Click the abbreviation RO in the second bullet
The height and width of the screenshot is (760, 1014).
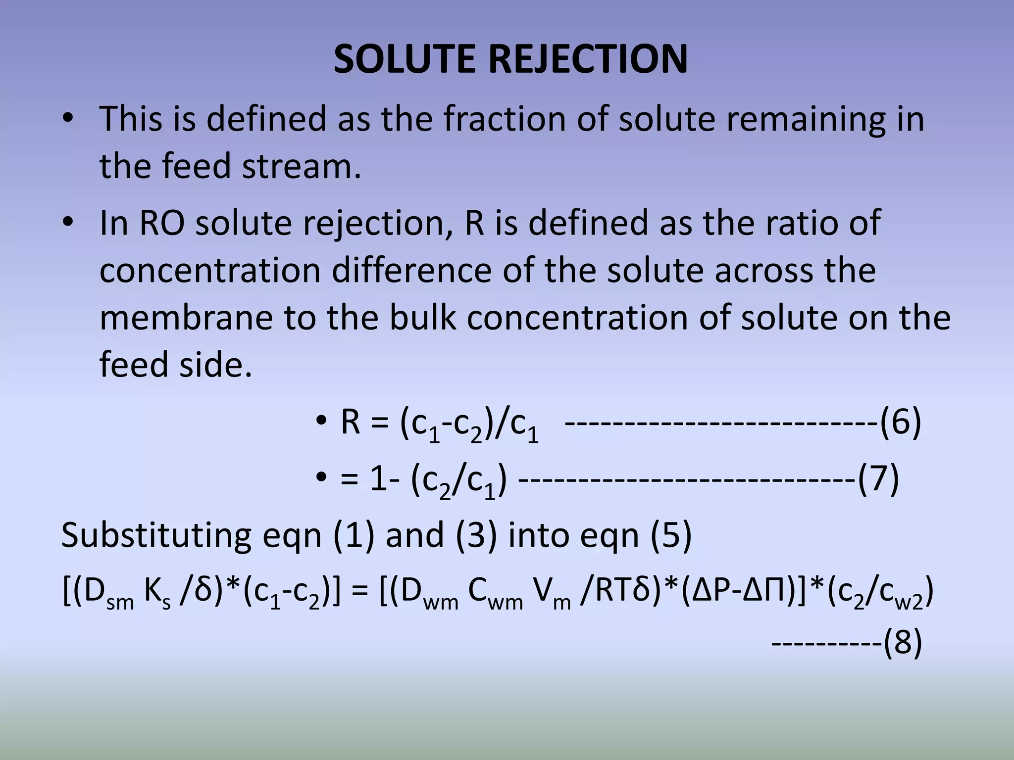point(162,223)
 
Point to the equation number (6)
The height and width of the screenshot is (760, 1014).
point(900,424)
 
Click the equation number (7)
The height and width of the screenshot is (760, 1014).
point(878,480)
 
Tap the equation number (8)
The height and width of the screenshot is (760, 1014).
point(903,643)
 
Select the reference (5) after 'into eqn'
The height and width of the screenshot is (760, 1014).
point(671,536)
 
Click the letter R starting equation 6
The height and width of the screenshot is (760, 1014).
point(350,424)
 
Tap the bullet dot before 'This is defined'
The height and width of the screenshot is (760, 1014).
point(68,120)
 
